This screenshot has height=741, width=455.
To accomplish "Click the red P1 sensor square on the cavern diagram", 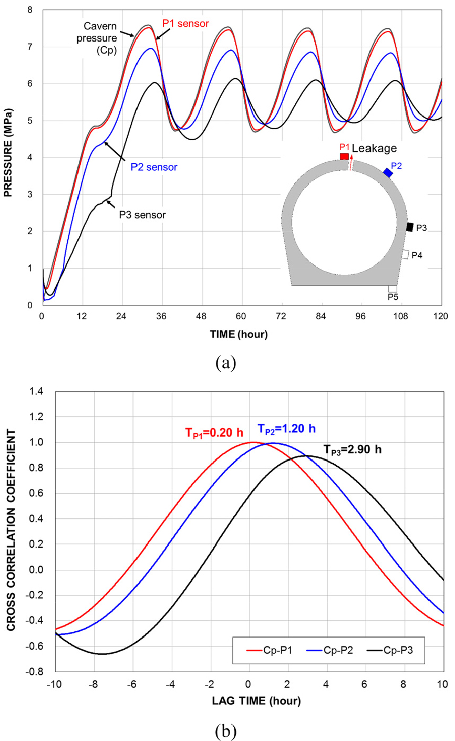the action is point(344,156).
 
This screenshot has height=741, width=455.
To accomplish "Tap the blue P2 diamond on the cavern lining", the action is point(388,173).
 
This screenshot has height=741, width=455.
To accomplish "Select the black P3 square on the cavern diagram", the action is point(410,227).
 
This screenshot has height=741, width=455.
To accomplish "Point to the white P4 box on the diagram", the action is point(406,254).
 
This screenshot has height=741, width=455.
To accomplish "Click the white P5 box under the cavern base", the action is point(392,289).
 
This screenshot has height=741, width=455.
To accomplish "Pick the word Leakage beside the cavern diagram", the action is point(374,148).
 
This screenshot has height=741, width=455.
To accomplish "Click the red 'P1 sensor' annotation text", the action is point(185,24).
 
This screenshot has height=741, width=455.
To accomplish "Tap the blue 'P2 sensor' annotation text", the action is point(154,167).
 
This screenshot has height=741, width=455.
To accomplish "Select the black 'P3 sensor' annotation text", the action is point(142,215).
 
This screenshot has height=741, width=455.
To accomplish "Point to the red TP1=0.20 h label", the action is point(214,433).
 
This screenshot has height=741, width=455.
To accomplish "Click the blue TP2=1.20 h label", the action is point(286,429).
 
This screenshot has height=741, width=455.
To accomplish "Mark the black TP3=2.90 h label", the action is point(353,450).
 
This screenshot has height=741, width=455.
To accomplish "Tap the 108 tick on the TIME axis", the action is point(400,316).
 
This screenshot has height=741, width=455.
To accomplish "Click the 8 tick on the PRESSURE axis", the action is point(30,10).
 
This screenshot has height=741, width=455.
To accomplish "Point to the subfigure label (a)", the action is point(226,363).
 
